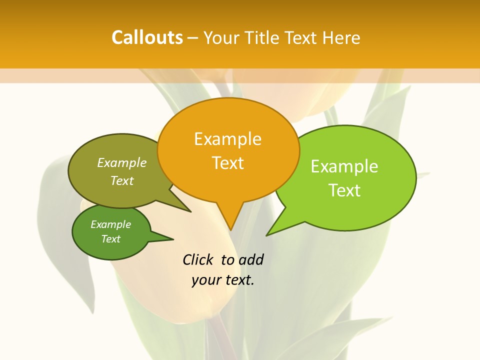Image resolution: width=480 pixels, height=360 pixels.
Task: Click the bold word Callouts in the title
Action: click(147, 37)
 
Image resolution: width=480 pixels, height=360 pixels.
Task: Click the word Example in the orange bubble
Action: click(227, 139)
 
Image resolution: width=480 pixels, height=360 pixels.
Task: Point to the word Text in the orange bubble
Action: click(227, 163)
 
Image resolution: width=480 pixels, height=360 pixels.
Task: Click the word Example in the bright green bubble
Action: click(344, 166)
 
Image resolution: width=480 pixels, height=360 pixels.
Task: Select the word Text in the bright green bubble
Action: click(344, 190)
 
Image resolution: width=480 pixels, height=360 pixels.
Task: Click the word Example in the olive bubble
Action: click(122, 163)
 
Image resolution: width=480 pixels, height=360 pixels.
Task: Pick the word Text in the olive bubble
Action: click(122, 181)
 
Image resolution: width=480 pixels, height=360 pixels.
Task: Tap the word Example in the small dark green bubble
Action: click(110, 224)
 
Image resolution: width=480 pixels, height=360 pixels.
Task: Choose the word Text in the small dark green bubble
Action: click(110, 239)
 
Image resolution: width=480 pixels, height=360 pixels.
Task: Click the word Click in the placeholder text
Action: click(197, 259)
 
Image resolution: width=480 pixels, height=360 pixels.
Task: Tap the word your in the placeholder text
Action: click(205, 280)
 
